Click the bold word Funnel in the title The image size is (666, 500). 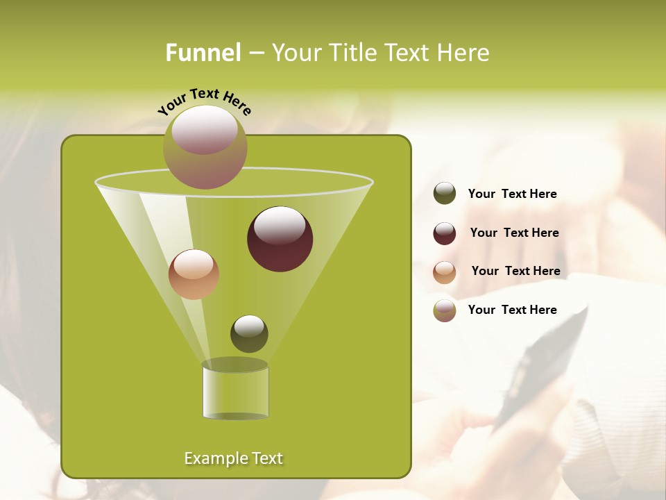(203, 53)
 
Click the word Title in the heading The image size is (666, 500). (352, 53)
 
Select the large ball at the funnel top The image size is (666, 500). (205, 147)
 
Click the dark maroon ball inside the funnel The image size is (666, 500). (280, 239)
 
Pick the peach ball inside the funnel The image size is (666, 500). (194, 274)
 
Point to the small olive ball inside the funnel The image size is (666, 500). (249, 333)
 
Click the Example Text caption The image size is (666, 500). (233, 458)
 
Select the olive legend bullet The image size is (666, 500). (445, 194)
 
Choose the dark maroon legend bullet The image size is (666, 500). (445, 233)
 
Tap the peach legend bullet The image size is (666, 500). (445, 272)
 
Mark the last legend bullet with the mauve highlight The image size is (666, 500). (445, 310)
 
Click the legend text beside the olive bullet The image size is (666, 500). (512, 194)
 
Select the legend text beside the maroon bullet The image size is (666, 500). (514, 233)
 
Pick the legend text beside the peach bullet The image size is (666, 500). (515, 272)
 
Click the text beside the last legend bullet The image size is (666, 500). (512, 310)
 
